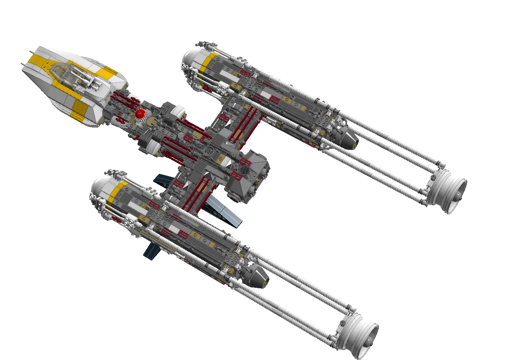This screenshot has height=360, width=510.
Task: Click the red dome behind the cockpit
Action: (x=139, y=114)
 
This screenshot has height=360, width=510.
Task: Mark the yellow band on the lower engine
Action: (x=117, y=191)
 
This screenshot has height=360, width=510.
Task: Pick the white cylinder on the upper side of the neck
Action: (x=178, y=109)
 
